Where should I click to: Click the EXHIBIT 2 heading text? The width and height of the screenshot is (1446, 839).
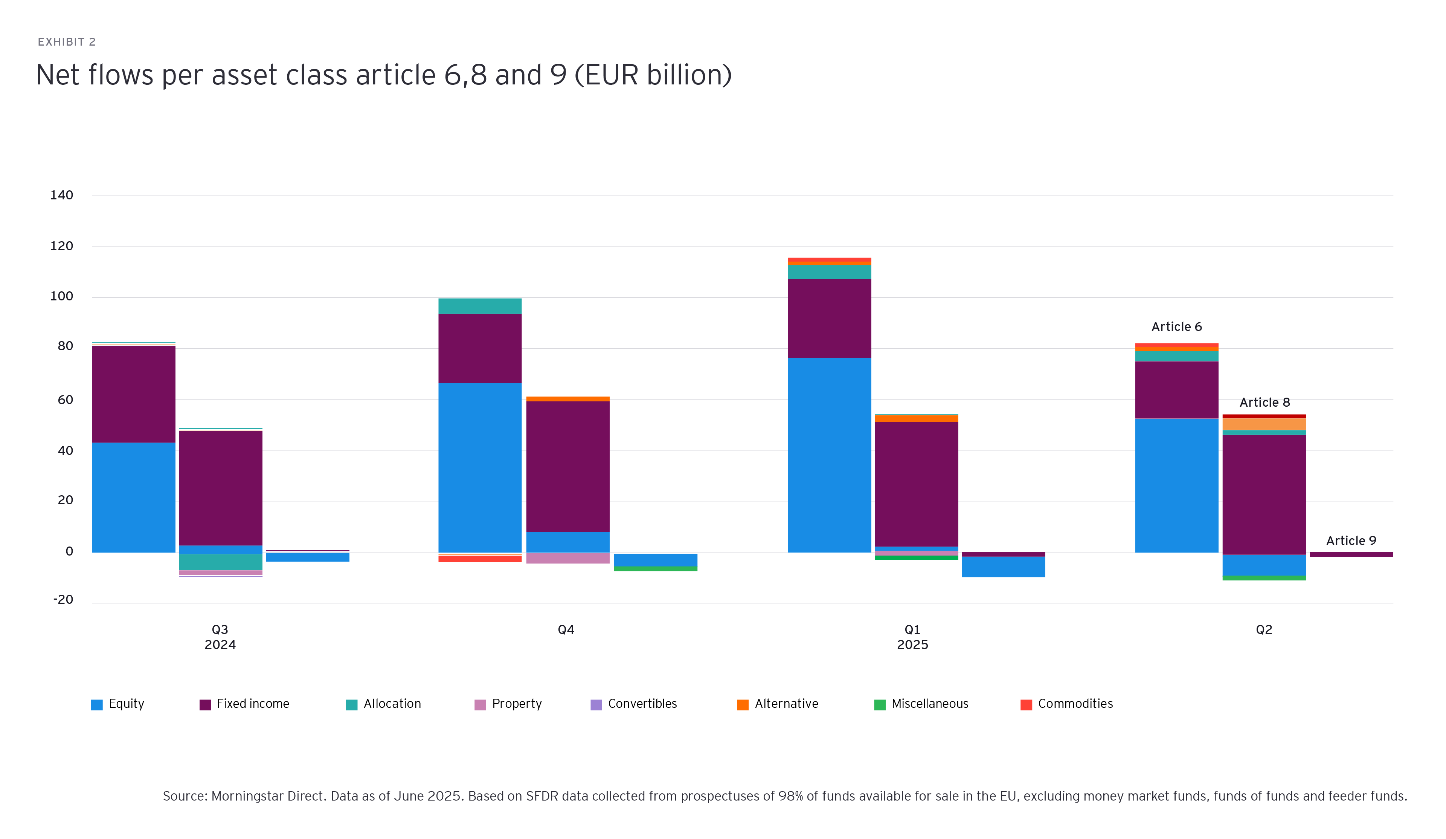(x=67, y=42)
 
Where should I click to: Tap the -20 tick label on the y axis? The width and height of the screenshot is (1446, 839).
(x=63, y=600)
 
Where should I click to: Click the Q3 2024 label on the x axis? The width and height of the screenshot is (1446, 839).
(x=220, y=637)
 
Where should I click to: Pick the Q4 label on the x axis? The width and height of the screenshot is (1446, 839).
(x=566, y=630)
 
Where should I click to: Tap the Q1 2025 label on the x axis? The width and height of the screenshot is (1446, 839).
(x=912, y=637)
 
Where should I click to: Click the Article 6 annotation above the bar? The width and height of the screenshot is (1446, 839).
(x=1176, y=327)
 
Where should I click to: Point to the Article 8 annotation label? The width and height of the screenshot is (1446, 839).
(x=1264, y=403)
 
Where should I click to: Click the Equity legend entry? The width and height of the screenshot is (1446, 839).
(x=118, y=704)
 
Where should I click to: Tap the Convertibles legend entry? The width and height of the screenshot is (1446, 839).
(x=634, y=704)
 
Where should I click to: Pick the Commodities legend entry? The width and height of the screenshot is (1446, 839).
(x=1067, y=704)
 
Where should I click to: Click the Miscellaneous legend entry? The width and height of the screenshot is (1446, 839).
(x=921, y=704)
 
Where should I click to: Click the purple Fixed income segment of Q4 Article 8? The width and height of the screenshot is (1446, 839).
(x=567, y=466)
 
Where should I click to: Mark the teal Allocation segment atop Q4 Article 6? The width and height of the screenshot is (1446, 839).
(x=480, y=306)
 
